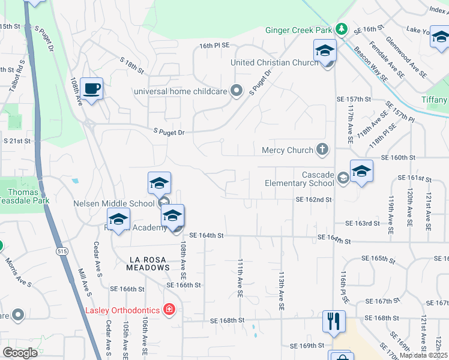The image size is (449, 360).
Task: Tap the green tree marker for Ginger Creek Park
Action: click(341, 29)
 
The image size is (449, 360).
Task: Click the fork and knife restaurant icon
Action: click(334, 321)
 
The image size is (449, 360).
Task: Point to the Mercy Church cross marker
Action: click(323, 149)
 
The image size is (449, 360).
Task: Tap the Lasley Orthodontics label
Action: click(122, 310)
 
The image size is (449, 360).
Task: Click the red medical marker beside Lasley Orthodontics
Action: click(170, 310)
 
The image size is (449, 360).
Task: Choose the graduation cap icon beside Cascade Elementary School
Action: click(361, 172)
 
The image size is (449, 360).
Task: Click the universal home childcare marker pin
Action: click(237, 91)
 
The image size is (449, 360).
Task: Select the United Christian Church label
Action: click(274, 62)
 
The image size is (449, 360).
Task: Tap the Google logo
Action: click(20, 353)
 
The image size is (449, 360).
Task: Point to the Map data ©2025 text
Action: click(424, 355)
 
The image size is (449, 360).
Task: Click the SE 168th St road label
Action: click(228, 320)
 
